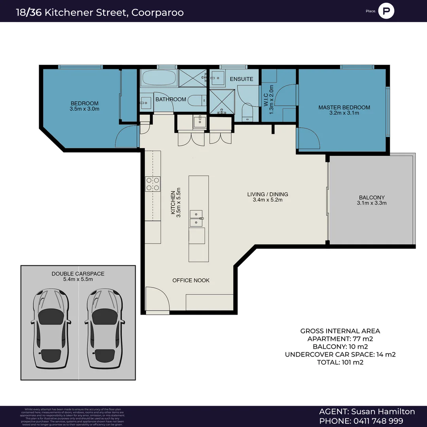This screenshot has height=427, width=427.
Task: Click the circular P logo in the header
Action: [x=386, y=11]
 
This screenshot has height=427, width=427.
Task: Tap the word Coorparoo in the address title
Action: [x=157, y=12]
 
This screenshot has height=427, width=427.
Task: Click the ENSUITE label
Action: [x=241, y=79]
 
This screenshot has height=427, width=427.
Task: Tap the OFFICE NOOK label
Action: [x=191, y=280]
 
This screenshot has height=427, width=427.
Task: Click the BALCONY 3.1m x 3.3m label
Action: [x=372, y=200]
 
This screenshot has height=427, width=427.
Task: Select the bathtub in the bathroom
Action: [x=158, y=78]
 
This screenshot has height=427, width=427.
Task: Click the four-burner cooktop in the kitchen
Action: [x=153, y=184]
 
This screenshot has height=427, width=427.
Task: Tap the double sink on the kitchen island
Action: [x=196, y=219]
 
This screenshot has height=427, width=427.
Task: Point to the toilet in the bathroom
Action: [x=196, y=100]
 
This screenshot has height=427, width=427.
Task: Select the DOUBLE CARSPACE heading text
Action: [x=78, y=274]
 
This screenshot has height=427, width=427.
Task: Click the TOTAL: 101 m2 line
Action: [x=340, y=362]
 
